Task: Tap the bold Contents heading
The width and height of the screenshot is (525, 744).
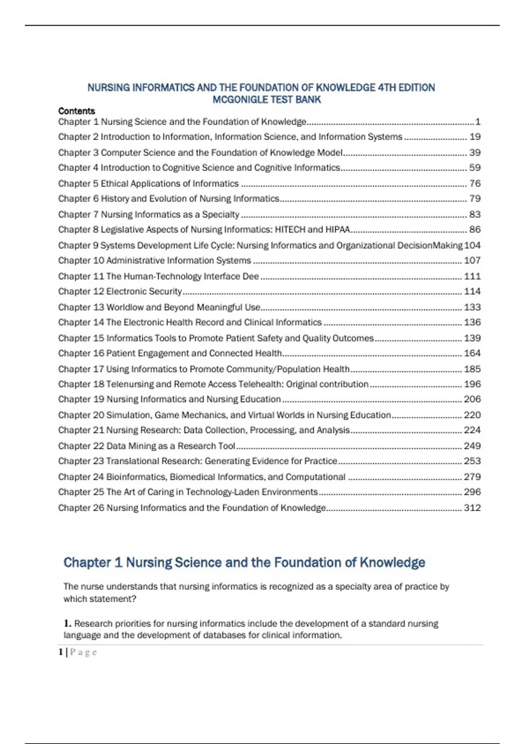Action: [77, 111]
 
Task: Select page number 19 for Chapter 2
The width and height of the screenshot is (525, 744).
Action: [475, 137]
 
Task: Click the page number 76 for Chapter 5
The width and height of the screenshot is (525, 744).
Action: [475, 183]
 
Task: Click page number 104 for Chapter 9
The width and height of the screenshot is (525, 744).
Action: [472, 245]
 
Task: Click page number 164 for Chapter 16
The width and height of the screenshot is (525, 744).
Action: [472, 353]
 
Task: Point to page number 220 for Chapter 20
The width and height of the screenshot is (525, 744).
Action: [472, 415]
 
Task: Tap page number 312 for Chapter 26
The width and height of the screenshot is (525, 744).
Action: [472, 508]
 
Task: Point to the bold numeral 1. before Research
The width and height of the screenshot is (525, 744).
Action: [67, 623]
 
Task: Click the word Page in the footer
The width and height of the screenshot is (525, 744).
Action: [83, 652]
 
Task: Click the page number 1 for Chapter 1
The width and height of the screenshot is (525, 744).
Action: [478, 122]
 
